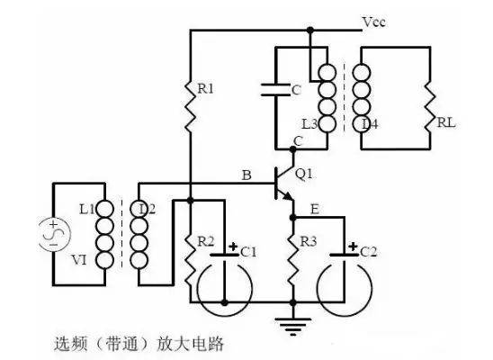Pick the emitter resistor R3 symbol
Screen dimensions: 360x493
point(292,256)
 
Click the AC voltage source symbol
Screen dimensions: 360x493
point(53,230)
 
